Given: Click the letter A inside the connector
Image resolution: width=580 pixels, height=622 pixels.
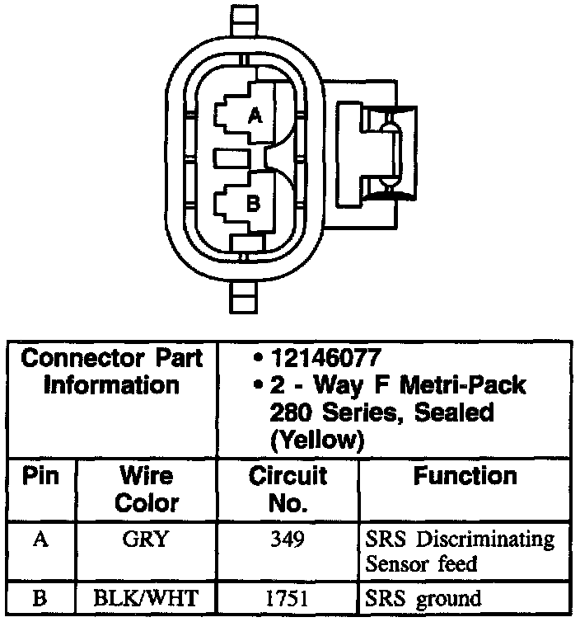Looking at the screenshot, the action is coord(255,117).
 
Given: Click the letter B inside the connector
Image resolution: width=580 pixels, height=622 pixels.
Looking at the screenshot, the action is coord(254,202).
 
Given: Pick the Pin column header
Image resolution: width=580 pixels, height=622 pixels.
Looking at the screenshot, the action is coord(39,477).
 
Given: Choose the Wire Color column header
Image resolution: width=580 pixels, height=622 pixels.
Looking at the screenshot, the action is coord(146,489).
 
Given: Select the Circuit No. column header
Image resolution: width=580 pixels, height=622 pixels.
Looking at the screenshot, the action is coord(288,489).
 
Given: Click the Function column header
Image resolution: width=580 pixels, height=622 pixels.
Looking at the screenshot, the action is coord(465,476).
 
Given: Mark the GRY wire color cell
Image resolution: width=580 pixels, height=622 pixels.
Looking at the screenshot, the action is coord(145,540).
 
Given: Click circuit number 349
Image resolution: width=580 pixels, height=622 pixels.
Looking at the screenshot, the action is coord(288,540).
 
